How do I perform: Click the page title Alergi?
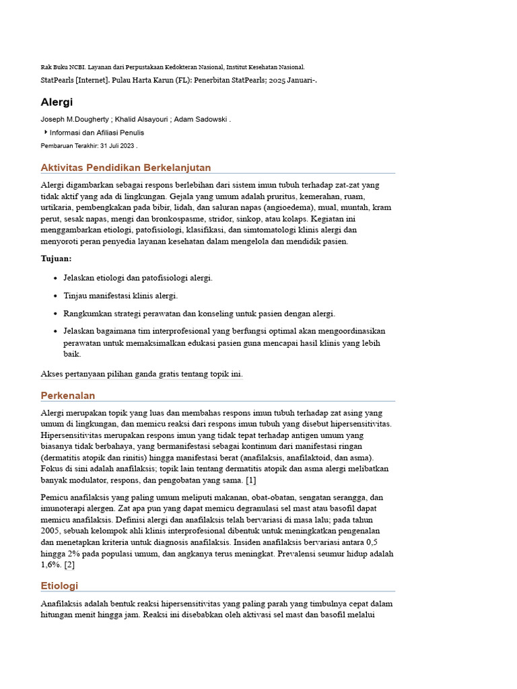click(57, 102)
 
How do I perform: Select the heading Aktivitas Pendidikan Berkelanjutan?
click(126, 168)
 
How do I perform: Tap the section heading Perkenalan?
click(68, 395)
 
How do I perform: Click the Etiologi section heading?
click(59, 585)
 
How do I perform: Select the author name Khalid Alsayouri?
click(140, 120)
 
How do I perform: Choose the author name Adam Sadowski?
click(201, 120)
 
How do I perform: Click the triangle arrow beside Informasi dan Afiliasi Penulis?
click(46, 133)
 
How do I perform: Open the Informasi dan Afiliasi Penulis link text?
click(97, 133)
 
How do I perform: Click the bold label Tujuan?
click(56, 258)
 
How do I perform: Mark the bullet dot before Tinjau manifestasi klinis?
click(55, 296)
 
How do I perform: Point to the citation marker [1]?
click(250, 480)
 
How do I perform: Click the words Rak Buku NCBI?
click(57, 67)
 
